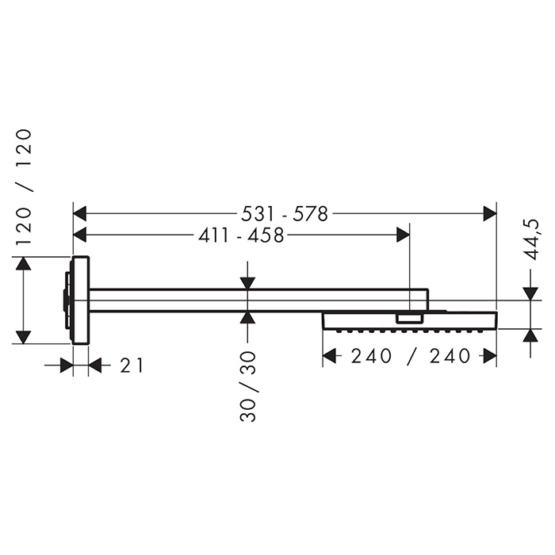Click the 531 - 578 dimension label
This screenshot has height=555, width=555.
click(x=285, y=214)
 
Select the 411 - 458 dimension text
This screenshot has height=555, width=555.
click(x=241, y=235)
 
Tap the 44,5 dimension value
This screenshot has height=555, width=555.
click(x=531, y=239)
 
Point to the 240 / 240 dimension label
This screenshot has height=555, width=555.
click(x=411, y=356)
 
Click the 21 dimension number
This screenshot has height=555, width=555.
click(x=132, y=366)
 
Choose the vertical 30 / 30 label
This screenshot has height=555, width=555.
click(x=247, y=386)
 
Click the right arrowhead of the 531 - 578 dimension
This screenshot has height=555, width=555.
click(x=490, y=214)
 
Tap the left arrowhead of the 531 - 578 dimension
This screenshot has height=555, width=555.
click(x=79, y=214)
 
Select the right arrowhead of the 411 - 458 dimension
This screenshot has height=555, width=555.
click(x=403, y=235)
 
